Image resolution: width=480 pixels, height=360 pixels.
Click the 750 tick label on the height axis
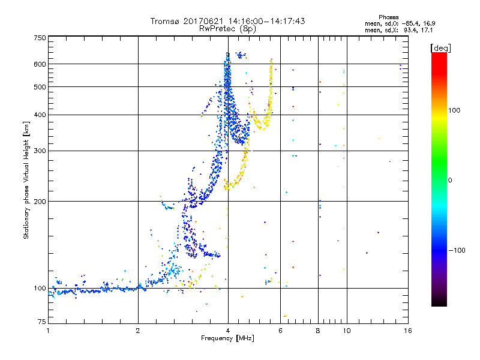pyautogui.click(x=40, y=37)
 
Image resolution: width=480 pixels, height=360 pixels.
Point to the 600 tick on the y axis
pyautogui.click(x=40, y=64)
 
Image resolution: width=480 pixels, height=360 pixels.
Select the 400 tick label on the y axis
pyautogui.click(x=40, y=115)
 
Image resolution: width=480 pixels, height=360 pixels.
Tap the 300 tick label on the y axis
pyautogui.click(x=40, y=151)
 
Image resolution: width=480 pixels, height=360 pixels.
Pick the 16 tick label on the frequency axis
pyautogui.click(x=406, y=331)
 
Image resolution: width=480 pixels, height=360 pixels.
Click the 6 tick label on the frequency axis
pyautogui.click(x=281, y=331)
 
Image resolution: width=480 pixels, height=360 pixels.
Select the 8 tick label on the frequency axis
pyautogui.click(x=319, y=331)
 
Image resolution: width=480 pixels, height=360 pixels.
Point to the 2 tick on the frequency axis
pyautogui.click(x=138, y=331)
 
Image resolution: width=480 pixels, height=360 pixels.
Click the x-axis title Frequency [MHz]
pyautogui.click(x=228, y=339)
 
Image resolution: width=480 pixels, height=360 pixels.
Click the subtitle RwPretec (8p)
pyautogui.click(x=228, y=28)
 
